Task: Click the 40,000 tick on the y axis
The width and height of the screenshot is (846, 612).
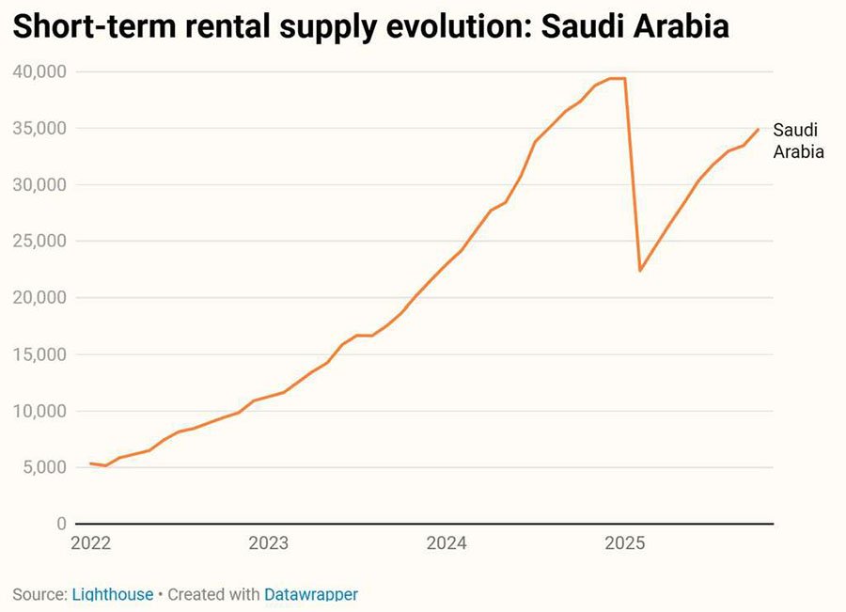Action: pos(39,71)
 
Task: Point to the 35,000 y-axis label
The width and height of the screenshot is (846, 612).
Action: pos(39,128)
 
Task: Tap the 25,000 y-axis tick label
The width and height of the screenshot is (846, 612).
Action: pos(39,241)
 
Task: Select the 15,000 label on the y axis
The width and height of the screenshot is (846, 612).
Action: pos(39,354)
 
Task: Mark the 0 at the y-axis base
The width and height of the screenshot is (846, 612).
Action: pos(62,524)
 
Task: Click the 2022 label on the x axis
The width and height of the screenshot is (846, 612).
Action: pos(91,543)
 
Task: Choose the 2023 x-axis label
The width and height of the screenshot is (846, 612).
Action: pos(269,543)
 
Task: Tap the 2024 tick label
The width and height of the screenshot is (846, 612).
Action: pos(446,543)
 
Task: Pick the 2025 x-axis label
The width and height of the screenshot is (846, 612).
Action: pos(624,543)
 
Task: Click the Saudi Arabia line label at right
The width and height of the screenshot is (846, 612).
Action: pos(798,141)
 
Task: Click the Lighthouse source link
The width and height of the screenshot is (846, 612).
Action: pos(112,594)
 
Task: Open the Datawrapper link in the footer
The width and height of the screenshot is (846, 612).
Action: pos(310,594)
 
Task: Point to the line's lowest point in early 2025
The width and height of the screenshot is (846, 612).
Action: pos(640,271)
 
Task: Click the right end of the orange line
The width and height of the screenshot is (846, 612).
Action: pos(758,129)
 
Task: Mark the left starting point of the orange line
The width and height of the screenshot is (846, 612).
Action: pos(90,463)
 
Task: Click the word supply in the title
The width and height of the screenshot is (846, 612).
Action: pos(314,28)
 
